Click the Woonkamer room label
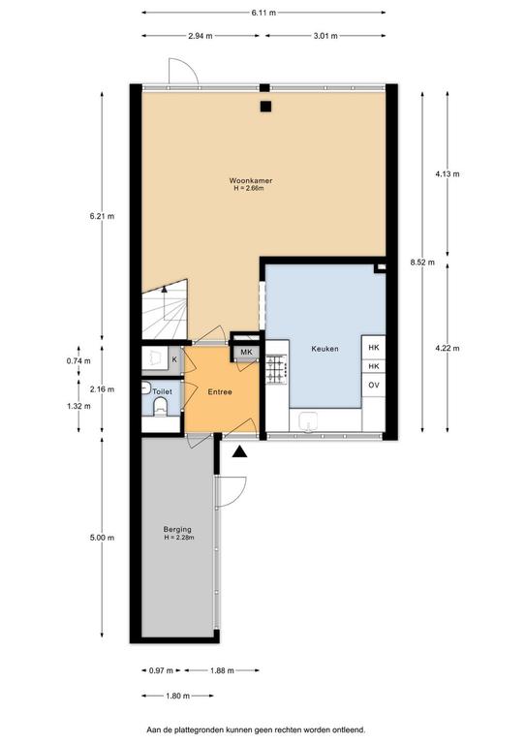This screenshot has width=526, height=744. [x=251, y=181]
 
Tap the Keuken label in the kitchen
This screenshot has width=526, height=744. [x=325, y=349]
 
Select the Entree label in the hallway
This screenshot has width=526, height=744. [x=220, y=392]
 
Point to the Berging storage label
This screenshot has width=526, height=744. [x=177, y=529]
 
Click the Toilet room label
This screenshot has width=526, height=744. [x=162, y=392]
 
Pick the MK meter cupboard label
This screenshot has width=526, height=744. [x=246, y=352]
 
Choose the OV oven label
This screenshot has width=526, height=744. [x=374, y=385]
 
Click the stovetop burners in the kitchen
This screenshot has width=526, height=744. [x=276, y=370]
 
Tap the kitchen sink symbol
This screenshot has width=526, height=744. [x=309, y=421]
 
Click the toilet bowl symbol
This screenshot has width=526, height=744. [x=160, y=407]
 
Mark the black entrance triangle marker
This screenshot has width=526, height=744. [x=240, y=451]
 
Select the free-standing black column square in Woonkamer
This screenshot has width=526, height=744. [x=265, y=107]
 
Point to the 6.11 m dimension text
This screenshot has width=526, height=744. [x=263, y=13]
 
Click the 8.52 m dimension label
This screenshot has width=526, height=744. [x=422, y=262]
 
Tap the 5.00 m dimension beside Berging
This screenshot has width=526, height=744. [x=102, y=538]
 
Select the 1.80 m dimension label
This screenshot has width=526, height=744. [x=178, y=696]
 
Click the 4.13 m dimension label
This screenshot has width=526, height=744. [x=448, y=173]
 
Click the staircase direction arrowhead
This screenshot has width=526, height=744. [x=164, y=288]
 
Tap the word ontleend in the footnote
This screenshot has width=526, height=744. [x=352, y=729]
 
